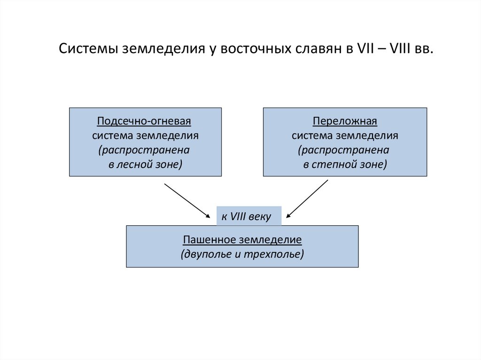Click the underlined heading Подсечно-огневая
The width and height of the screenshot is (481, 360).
(145, 122)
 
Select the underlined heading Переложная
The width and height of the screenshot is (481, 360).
(345, 122)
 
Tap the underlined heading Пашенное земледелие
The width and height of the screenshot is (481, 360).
(242, 240)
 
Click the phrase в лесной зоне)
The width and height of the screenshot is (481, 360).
(145, 165)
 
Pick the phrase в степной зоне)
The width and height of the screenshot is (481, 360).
(345, 165)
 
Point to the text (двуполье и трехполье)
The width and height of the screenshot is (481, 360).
(242, 254)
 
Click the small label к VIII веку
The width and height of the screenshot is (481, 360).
(246, 217)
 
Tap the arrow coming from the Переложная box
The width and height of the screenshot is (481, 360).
(307, 199)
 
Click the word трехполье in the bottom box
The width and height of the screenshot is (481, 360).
(278, 254)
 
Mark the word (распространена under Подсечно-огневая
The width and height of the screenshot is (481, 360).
(145, 151)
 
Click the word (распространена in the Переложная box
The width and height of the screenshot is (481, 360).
(345, 151)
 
